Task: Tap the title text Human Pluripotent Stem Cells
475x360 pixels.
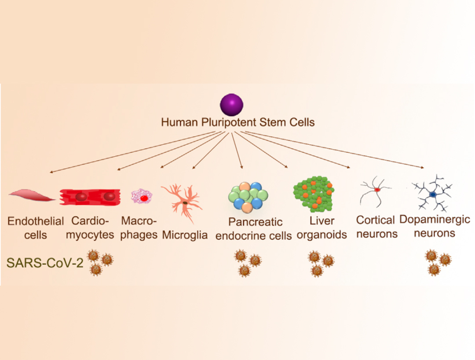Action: (238, 122)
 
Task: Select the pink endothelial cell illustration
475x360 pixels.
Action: (32, 195)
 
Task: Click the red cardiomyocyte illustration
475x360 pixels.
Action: (90, 196)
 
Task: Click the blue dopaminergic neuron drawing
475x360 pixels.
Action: (433, 194)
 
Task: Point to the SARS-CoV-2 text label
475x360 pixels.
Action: (44, 263)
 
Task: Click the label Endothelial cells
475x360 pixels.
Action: (35, 227)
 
